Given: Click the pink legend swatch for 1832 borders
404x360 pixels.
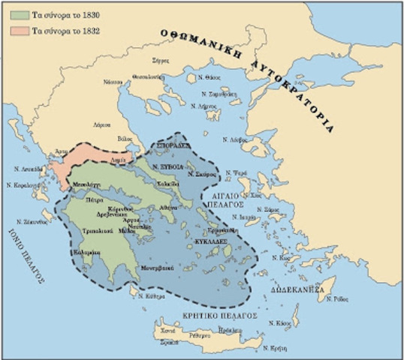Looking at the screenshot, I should (15, 31).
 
